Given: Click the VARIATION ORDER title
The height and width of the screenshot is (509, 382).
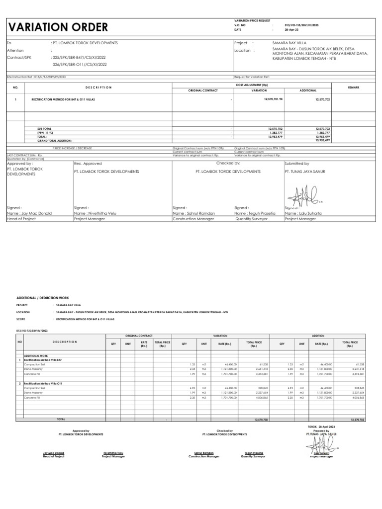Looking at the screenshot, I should click(58, 27).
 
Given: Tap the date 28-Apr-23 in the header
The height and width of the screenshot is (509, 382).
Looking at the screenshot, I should click(291, 30).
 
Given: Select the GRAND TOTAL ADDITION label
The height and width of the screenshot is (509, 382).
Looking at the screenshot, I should click(51, 141).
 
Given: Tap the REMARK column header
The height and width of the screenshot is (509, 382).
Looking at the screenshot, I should click(353, 87).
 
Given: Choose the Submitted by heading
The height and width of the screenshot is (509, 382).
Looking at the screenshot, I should click(296, 163).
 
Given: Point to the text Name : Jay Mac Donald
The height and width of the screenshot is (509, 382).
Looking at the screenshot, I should click(29, 213).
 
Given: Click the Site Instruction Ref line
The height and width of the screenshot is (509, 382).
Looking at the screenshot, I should click(36, 78).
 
